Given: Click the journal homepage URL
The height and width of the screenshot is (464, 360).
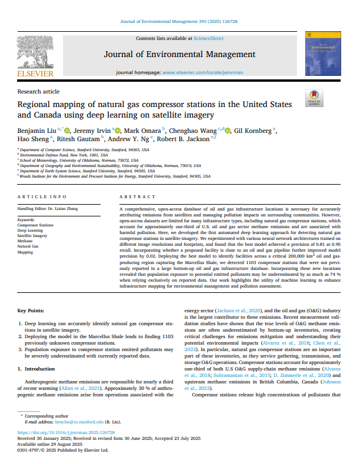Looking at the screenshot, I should (x=201, y=72).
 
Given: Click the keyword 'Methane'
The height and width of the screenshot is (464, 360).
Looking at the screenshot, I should (x=25, y=241).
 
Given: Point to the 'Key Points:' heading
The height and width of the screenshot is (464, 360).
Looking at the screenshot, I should (x=33, y=310).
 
